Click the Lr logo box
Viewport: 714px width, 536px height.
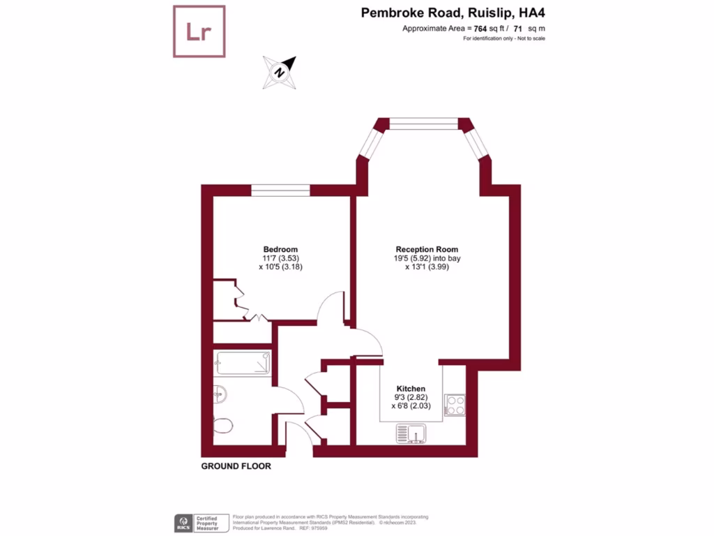pyautogui.click(x=199, y=31)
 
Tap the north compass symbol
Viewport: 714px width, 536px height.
pyautogui.click(x=279, y=73)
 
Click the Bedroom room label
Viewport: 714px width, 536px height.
pyautogui.click(x=280, y=250)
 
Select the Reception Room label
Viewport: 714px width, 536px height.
pyautogui.click(x=427, y=250)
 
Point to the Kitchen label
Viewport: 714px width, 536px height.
pyautogui.click(x=411, y=389)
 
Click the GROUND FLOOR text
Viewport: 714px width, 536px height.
pyautogui.click(x=236, y=466)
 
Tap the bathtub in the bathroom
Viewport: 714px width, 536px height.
pyautogui.click(x=243, y=363)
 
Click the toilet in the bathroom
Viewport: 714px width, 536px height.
pyautogui.click(x=223, y=425)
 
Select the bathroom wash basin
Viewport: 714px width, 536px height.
pyautogui.click(x=220, y=394)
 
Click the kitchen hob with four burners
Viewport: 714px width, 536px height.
pyautogui.click(x=455, y=405)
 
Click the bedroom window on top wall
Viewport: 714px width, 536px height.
pyautogui.click(x=280, y=190)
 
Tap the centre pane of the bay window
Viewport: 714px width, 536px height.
pyautogui.click(x=423, y=124)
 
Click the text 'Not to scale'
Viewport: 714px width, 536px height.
pyautogui.click(x=530, y=38)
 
